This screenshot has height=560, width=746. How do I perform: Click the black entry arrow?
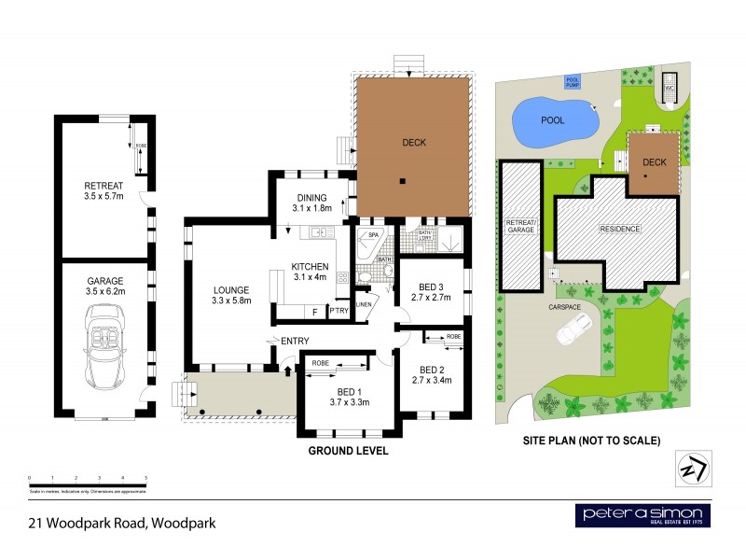coord(287,371)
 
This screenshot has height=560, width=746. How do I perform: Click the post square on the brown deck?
coord(403,181)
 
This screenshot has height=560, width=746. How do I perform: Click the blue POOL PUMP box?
coord(573,81)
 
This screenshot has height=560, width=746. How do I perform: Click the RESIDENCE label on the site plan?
coord(618,229)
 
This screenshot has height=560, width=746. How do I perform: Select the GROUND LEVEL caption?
coord(348,450)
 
